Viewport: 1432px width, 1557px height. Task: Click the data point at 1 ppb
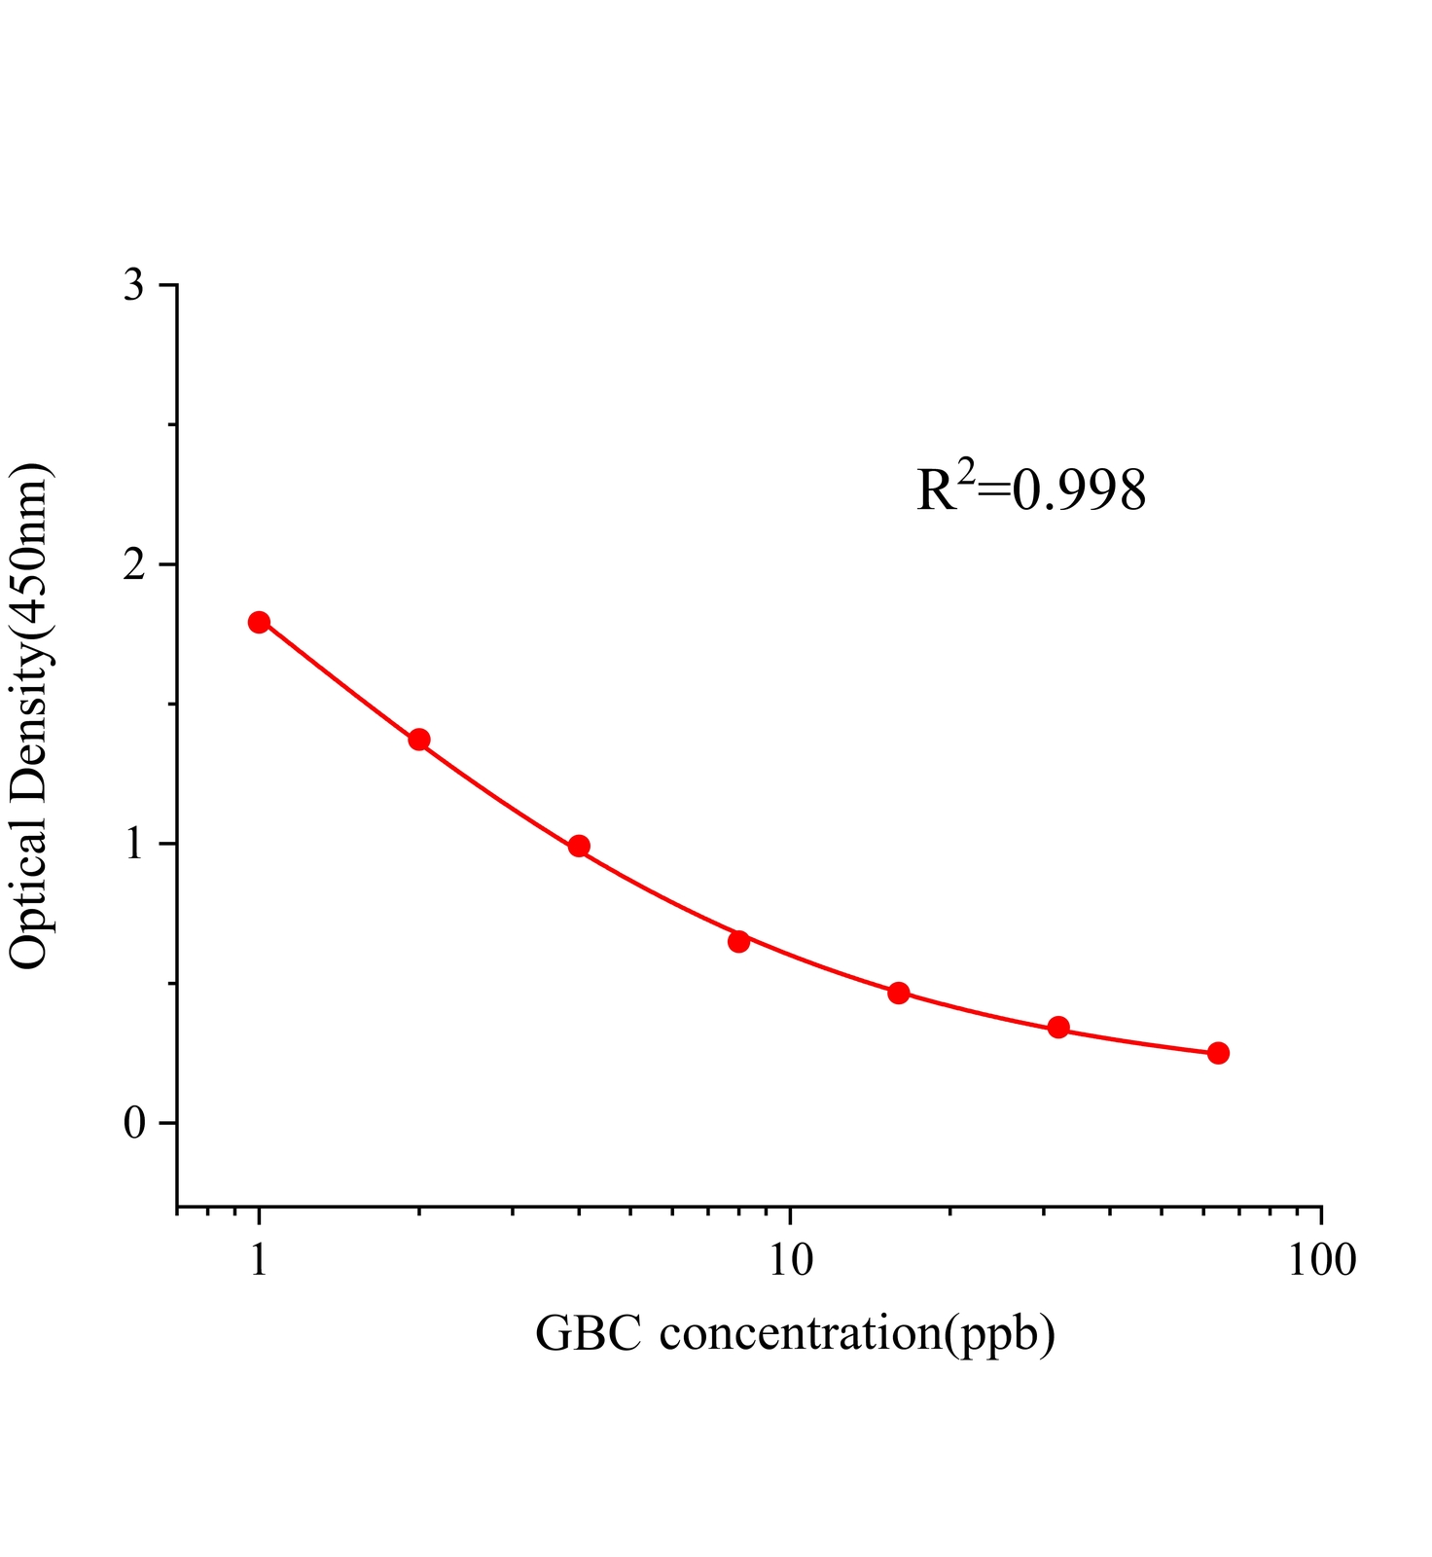(x=259, y=622)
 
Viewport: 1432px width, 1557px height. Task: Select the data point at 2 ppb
(x=419, y=740)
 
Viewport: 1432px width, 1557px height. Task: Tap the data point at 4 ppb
(x=579, y=846)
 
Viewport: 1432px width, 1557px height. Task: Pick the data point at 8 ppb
(x=738, y=941)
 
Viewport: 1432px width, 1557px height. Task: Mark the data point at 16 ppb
(x=899, y=993)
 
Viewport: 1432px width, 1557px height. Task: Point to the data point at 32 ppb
(x=1058, y=1028)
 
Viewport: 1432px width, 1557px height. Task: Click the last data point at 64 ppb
(x=1218, y=1053)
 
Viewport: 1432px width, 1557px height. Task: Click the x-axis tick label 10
(x=790, y=1260)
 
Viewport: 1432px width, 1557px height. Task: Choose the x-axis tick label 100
(x=1320, y=1260)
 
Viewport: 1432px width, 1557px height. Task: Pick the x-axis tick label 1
(x=259, y=1260)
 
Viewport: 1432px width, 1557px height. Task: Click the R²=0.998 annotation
(x=1031, y=489)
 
